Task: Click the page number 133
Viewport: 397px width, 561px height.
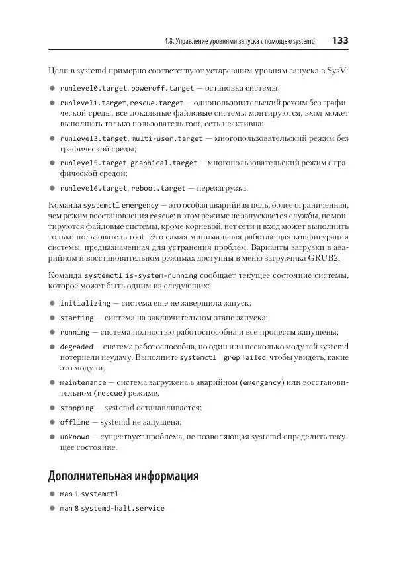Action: click(340, 40)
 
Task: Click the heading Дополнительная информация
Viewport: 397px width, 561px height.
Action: click(123, 475)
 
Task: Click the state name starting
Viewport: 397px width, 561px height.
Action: click(77, 318)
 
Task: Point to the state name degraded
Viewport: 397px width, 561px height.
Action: click(77, 346)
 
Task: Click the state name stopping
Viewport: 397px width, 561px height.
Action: click(77, 408)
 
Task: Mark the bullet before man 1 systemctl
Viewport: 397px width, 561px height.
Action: click(52, 494)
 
